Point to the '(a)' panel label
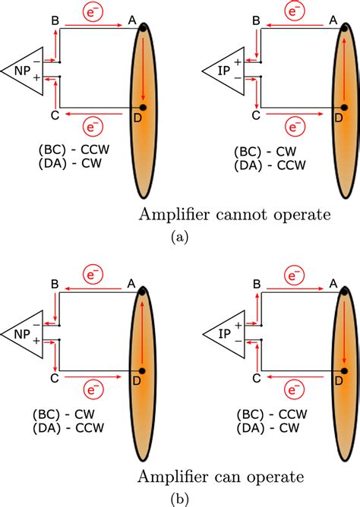pos(179,237)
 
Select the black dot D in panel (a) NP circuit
pos(142,108)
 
